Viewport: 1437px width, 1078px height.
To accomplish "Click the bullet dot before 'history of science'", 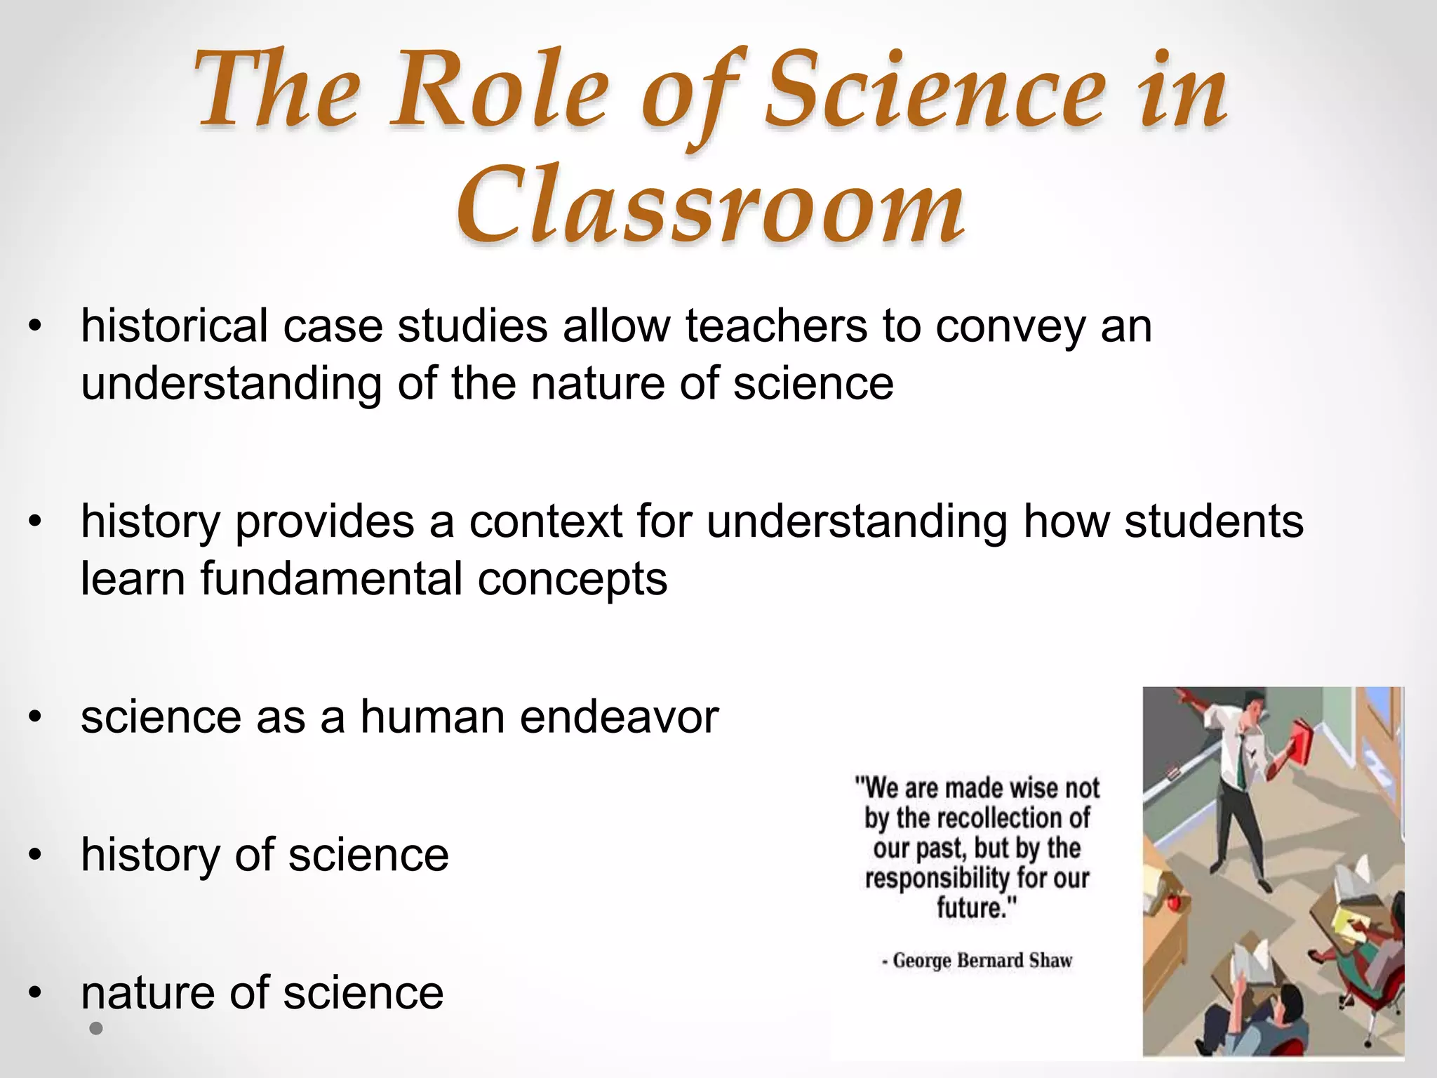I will [x=36, y=855].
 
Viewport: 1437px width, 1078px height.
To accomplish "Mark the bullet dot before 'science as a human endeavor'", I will [x=36, y=717].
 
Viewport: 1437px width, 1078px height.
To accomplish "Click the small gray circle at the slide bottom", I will [x=96, y=1029].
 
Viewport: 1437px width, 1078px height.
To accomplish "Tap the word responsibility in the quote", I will [x=926, y=878].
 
